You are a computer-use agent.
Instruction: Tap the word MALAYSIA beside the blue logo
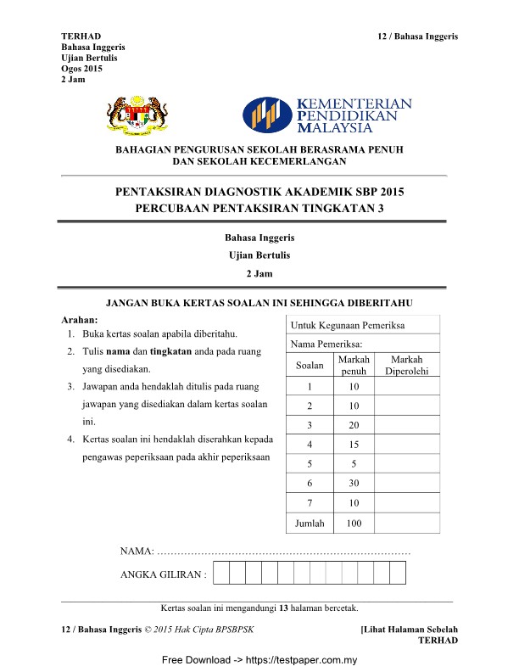pos(337,128)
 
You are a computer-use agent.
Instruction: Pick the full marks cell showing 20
pos(354,424)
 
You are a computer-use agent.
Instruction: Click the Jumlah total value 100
pos(354,524)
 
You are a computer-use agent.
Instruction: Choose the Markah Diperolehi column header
pos(407,366)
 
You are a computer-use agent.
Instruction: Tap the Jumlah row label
pos(310,524)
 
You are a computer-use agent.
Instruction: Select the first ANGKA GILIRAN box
pos(221,574)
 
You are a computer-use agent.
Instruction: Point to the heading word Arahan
pos(81,321)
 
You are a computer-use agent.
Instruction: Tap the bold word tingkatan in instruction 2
pos(166,351)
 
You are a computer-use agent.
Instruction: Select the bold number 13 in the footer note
pos(285,608)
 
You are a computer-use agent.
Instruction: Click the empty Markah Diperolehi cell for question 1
pos(407,387)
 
